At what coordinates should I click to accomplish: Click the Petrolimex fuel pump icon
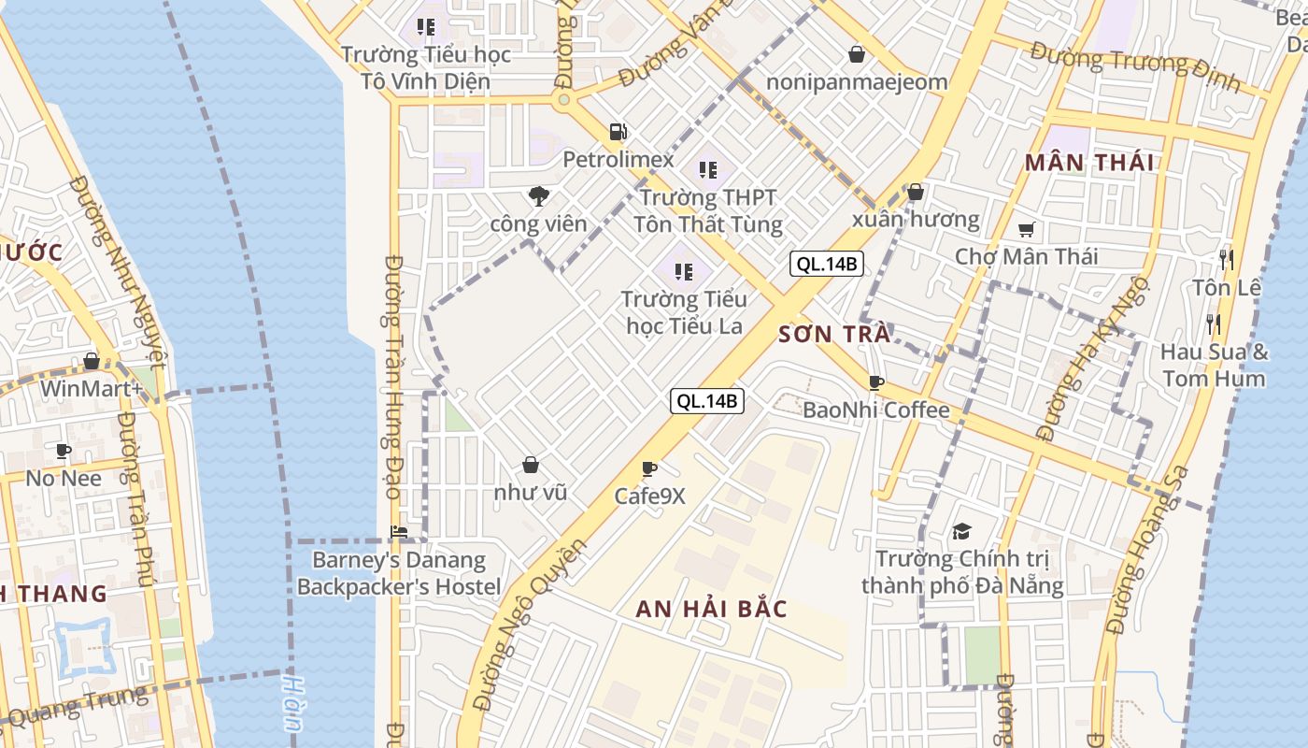[617, 132]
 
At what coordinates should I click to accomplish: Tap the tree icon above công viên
[538, 195]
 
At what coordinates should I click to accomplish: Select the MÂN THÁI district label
[1088, 163]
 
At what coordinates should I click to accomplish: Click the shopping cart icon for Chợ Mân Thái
[1027, 229]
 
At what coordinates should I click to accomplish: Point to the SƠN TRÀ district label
[834, 334]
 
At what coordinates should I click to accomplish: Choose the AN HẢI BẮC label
[712, 609]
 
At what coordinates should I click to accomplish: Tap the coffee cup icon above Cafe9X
[649, 468]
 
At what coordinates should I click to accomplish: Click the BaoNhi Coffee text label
[876, 410]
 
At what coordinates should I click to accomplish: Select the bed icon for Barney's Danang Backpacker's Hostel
[399, 532]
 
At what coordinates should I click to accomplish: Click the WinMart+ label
[92, 387]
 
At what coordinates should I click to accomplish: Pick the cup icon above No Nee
[64, 452]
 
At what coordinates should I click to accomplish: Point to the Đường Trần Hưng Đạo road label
[392, 377]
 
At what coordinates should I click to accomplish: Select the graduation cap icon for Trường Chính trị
[961, 532]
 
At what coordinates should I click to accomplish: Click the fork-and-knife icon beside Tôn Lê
[1227, 259]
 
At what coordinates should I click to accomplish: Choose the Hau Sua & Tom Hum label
[1215, 366]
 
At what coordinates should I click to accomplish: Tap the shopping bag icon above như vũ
[531, 465]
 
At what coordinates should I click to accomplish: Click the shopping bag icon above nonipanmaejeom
[856, 54]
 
